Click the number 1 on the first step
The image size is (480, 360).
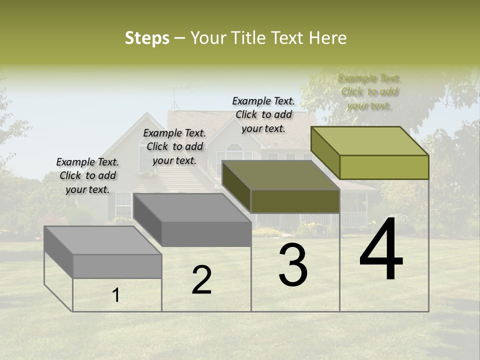click(x=116, y=295)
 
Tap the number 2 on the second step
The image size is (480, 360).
click(x=201, y=280)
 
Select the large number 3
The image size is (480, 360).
click(x=292, y=265)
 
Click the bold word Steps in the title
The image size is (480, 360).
click(x=147, y=38)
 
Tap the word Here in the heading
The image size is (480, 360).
click(x=328, y=38)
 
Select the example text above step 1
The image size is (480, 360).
click(x=87, y=175)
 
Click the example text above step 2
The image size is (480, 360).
click(x=174, y=146)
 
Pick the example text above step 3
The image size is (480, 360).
click(x=263, y=114)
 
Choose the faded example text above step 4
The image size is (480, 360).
click(x=369, y=92)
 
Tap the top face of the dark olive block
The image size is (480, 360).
click(x=280, y=175)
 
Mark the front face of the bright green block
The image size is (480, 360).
click(x=384, y=167)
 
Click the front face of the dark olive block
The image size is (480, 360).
click(x=295, y=201)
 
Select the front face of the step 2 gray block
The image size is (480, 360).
click(x=206, y=234)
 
